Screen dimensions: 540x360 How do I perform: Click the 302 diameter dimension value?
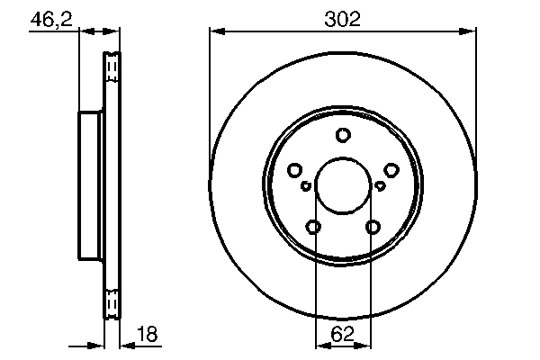[x=342, y=19]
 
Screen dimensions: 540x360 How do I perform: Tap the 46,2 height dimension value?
[x=51, y=19]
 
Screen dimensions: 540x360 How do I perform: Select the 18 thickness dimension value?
[x=147, y=334]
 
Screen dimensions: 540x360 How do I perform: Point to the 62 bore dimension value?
[x=342, y=334]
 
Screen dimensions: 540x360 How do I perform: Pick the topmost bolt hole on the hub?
[x=343, y=135]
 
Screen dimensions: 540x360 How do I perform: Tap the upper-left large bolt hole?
[x=295, y=170]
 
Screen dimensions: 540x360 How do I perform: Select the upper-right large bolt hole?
[x=391, y=170]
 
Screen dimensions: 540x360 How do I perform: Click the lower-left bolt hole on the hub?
[x=313, y=227]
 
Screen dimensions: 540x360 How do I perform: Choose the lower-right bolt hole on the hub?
[x=373, y=227]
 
